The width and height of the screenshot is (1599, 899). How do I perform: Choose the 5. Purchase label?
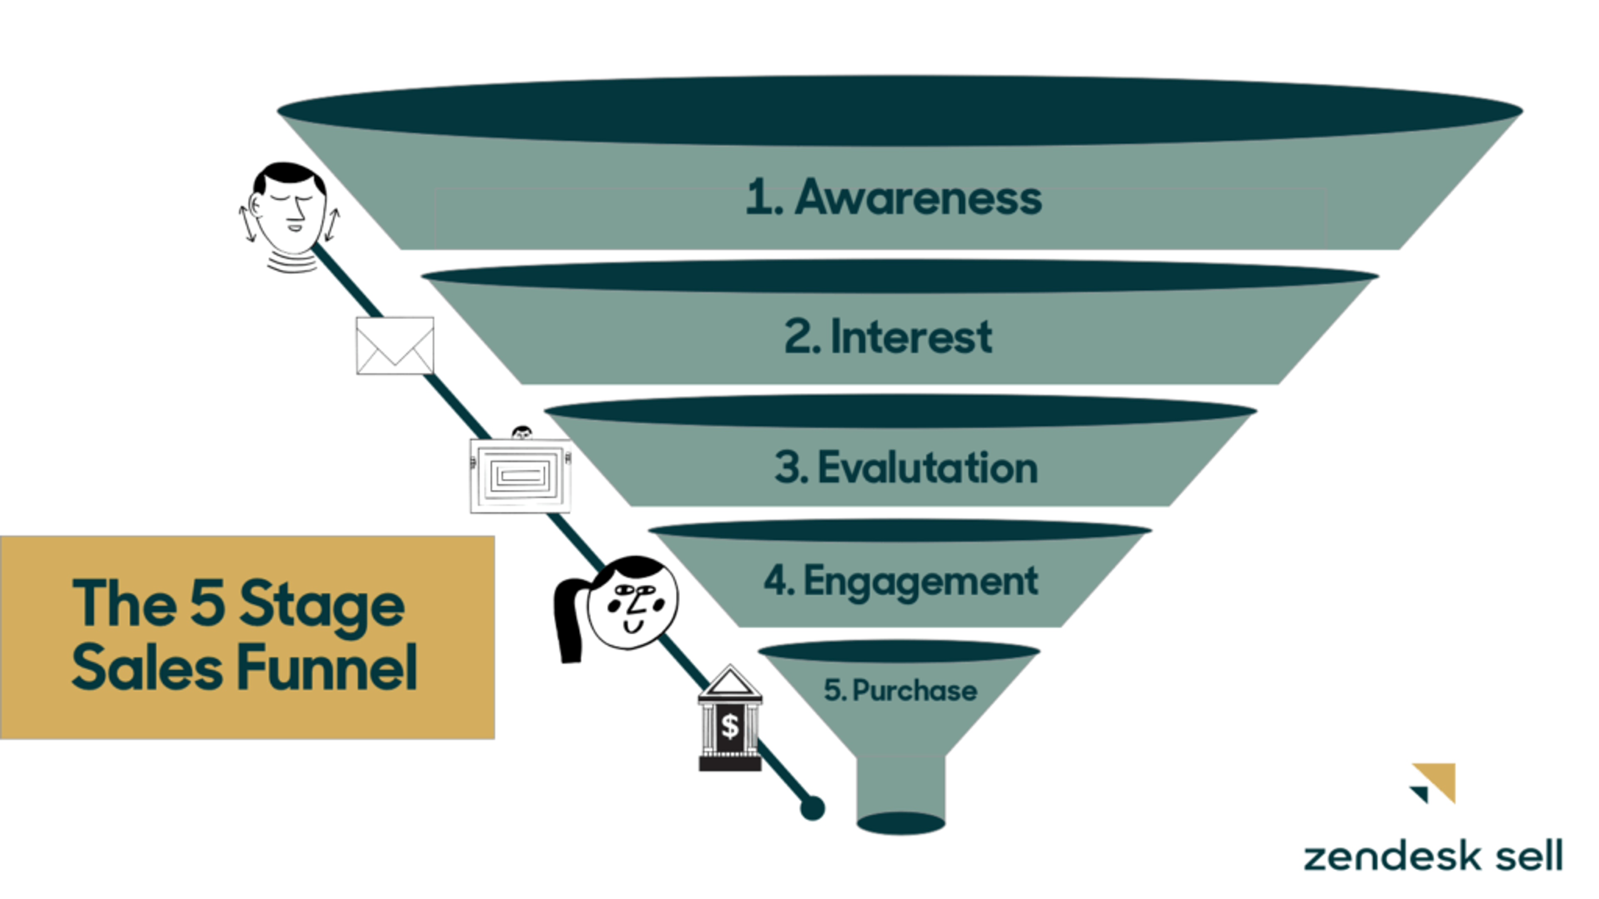pos(900,690)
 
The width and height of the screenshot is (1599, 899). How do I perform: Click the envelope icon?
pos(395,345)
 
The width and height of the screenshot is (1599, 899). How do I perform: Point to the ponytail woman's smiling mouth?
pos(633,627)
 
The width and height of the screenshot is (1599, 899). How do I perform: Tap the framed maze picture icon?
pos(520,476)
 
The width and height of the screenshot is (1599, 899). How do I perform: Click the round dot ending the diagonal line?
pos(812,808)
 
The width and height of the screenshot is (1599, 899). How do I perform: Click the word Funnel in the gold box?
pos(327,668)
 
